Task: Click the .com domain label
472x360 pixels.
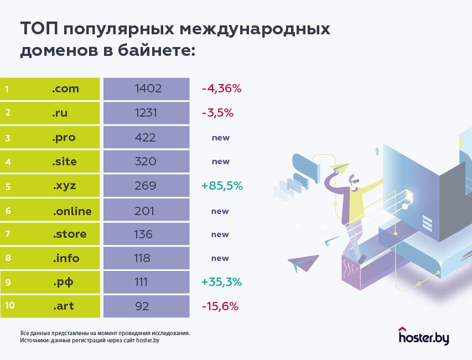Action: coord(66,88)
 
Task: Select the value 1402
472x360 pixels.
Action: coord(148,88)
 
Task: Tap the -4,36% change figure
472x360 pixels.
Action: coord(222,88)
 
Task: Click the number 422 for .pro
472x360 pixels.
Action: coord(145,138)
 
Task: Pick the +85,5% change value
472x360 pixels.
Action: coord(222,186)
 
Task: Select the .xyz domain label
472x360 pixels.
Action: coord(64,186)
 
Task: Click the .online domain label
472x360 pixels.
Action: coord(72,211)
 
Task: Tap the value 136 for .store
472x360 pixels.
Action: coord(143,234)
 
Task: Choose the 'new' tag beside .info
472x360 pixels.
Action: coord(220,258)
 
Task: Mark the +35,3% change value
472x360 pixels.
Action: coord(222,282)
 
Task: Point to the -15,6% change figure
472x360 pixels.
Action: coord(220,306)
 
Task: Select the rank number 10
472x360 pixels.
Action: coord(9,306)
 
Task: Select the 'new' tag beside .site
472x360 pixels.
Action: coord(220,162)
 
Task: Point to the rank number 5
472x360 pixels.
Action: coord(8,186)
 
